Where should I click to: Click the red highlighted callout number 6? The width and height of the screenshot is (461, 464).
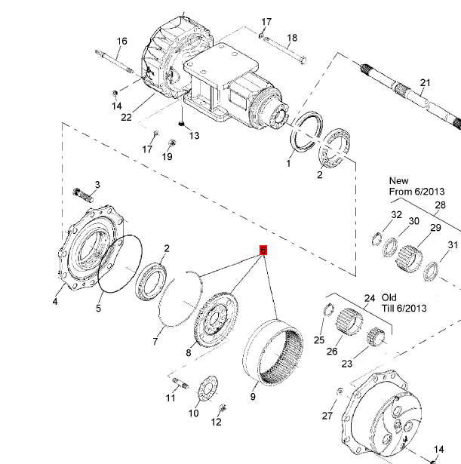point(263,250)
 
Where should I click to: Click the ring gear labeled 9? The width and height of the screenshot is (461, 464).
point(272,350)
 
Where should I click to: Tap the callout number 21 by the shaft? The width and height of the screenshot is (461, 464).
point(425,83)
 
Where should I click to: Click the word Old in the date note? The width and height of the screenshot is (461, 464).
point(389,298)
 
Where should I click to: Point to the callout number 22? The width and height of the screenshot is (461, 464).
point(126,117)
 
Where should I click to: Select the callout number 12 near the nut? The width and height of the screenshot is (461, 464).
point(217,422)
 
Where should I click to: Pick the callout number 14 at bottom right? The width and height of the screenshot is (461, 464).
point(439,450)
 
